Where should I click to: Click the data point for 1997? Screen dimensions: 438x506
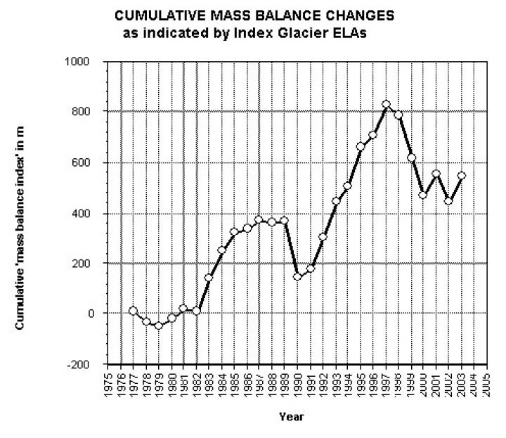pyautogui.click(x=386, y=105)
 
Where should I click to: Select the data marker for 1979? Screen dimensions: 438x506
pyautogui.click(x=158, y=326)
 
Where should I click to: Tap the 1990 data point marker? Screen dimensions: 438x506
pyautogui.click(x=297, y=276)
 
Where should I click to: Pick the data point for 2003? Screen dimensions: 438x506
pyautogui.click(x=462, y=176)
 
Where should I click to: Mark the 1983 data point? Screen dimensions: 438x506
pyautogui.click(x=209, y=278)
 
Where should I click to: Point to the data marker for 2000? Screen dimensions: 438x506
pyautogui.click(x=424, y=195)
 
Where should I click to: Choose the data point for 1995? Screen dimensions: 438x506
pyautogui.click(x=361, y=147)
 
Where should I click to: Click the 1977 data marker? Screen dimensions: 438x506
pyautogui.click(x=133, y=311)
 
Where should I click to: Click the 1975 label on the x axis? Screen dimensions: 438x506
pyautogui.click(x=108, y=385)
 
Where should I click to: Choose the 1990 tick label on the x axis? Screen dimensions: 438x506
pyautogui.click(x=297, y=385)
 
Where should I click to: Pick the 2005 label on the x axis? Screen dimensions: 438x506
pyautogui.click(x=487, y=385)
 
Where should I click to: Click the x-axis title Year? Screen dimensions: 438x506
pyautogui.click(x=291, y=417)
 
